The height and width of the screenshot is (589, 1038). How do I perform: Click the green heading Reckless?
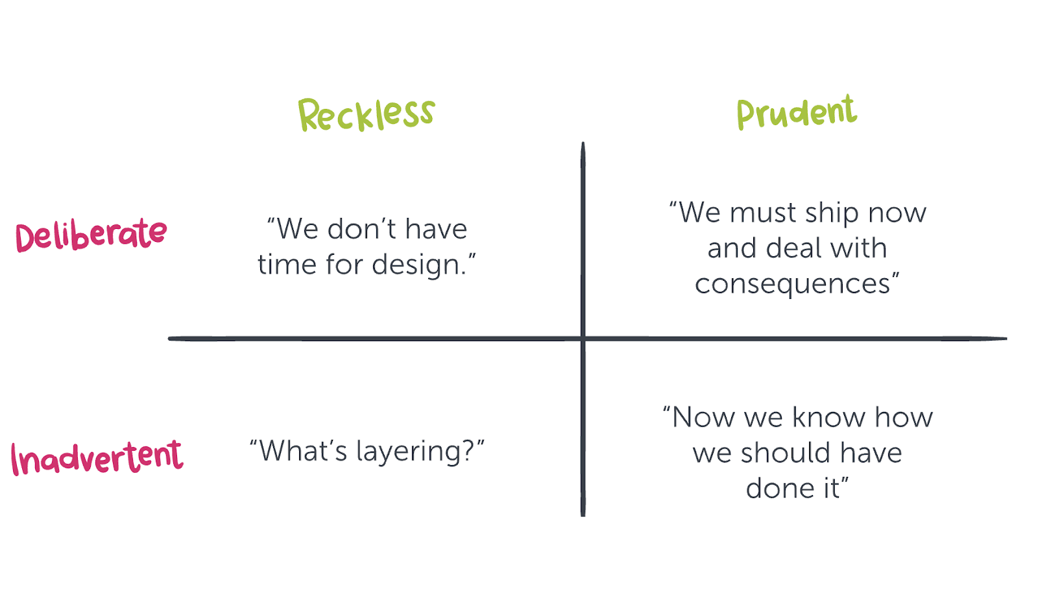366,114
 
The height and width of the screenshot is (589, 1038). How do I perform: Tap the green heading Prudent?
797,113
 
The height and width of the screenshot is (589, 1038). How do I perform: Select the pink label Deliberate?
91,235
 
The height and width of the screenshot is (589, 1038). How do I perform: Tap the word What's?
303,451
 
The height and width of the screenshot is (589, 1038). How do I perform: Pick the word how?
904,417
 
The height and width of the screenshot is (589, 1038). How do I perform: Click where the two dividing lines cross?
583,339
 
